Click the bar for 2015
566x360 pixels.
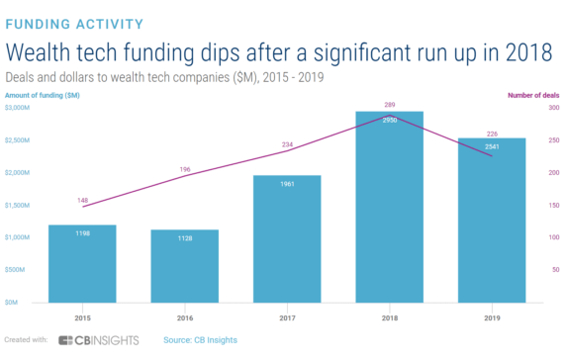tap(82, 264)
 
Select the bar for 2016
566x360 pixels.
tap(184, 266)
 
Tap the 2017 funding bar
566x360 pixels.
tap(287, 239)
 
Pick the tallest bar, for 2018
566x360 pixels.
tap(389, 208)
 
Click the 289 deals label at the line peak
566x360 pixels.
tap(389, 104)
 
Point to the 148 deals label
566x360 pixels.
tap(83, 199)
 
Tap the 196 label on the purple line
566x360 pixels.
tap(185, 168)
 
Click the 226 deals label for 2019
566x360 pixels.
tap(492, 134)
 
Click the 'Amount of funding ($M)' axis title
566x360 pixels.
tap(42, 95)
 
